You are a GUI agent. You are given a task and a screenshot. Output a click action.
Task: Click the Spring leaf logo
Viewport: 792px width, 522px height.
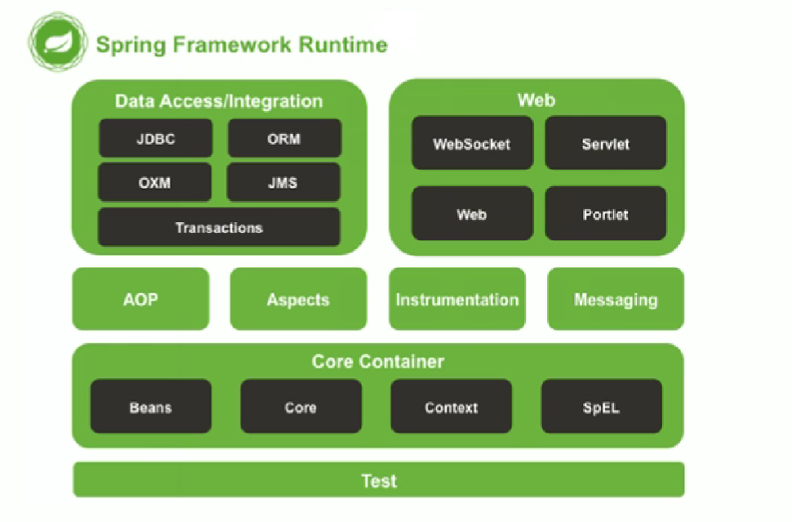(x=58, y=42)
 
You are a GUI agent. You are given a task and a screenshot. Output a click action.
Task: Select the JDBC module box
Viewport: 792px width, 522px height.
(x=156, y=138)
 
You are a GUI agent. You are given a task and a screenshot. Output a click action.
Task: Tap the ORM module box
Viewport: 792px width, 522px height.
(x=284, y=138)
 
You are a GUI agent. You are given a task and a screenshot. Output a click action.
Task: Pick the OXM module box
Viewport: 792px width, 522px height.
(x=154, y=182)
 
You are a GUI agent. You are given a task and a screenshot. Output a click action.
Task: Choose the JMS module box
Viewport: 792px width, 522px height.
(x=283, y=182)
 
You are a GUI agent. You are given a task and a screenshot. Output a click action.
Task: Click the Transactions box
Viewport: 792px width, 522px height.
(x=219, y=227)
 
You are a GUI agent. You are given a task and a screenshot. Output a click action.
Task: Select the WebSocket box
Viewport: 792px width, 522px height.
(x=472, y=144)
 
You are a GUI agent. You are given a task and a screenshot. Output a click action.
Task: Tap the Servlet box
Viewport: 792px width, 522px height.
(x=606, y=144)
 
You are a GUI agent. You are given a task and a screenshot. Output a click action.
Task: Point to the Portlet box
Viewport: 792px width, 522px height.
(x=606, y=214)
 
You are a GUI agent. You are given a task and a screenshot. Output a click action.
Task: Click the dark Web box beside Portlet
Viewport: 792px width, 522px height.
(x=472, y=214)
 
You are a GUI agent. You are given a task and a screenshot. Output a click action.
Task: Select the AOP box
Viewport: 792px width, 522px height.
(x=140, y=299)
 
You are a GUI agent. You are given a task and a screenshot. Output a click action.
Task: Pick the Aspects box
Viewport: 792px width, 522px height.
(x=299, y=299)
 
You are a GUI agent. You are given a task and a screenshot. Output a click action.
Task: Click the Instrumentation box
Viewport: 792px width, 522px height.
(x=457, y=299)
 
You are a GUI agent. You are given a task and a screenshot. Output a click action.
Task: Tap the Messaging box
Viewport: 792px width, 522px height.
(x=616, y=299)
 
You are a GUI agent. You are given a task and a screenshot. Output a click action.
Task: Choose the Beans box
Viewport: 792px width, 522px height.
(x=151, y=407)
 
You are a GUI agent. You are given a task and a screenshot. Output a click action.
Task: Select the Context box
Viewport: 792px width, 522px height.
(x=451, y=407)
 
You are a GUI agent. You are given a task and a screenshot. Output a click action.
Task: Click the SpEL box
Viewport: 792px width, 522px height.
(x=602, y=407)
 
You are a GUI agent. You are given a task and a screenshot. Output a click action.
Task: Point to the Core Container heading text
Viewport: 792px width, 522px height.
(x=378, y=361)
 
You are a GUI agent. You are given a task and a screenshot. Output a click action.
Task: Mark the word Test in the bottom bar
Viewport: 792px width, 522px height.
(x=379, y=480)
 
